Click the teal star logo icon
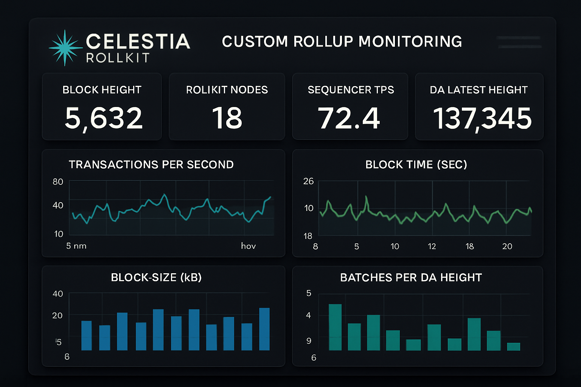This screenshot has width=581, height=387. click(65, 48)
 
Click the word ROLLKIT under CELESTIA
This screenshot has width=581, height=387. click(118, 58)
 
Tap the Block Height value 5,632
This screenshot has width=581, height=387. click(103, 118)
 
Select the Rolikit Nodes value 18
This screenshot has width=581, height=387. click(227, 118)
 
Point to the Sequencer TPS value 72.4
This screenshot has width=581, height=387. click(349, 118)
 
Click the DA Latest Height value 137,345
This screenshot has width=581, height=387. click(482, 118)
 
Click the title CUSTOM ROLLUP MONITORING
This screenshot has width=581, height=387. click(342, 42)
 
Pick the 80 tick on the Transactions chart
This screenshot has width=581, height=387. click(58, 182)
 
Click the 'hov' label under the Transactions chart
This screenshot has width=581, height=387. click(249, 246)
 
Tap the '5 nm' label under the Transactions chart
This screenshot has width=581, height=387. click(76, 246)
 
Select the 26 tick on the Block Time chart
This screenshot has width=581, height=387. click(308, 181)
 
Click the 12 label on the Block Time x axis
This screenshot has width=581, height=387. click(432, 246)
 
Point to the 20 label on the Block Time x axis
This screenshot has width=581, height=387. click(507, 246)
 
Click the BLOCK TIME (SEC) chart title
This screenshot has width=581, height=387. click(416, 165)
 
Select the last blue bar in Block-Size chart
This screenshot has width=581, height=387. click(264, 329)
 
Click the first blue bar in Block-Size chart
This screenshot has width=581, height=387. click(87, 336)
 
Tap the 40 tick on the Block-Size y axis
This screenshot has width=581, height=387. click(58, 294)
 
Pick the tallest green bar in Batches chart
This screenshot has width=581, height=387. click(335, 327)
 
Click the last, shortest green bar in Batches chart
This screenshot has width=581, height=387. click(513, 347)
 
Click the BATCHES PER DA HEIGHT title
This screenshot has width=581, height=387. click(411, 278)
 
